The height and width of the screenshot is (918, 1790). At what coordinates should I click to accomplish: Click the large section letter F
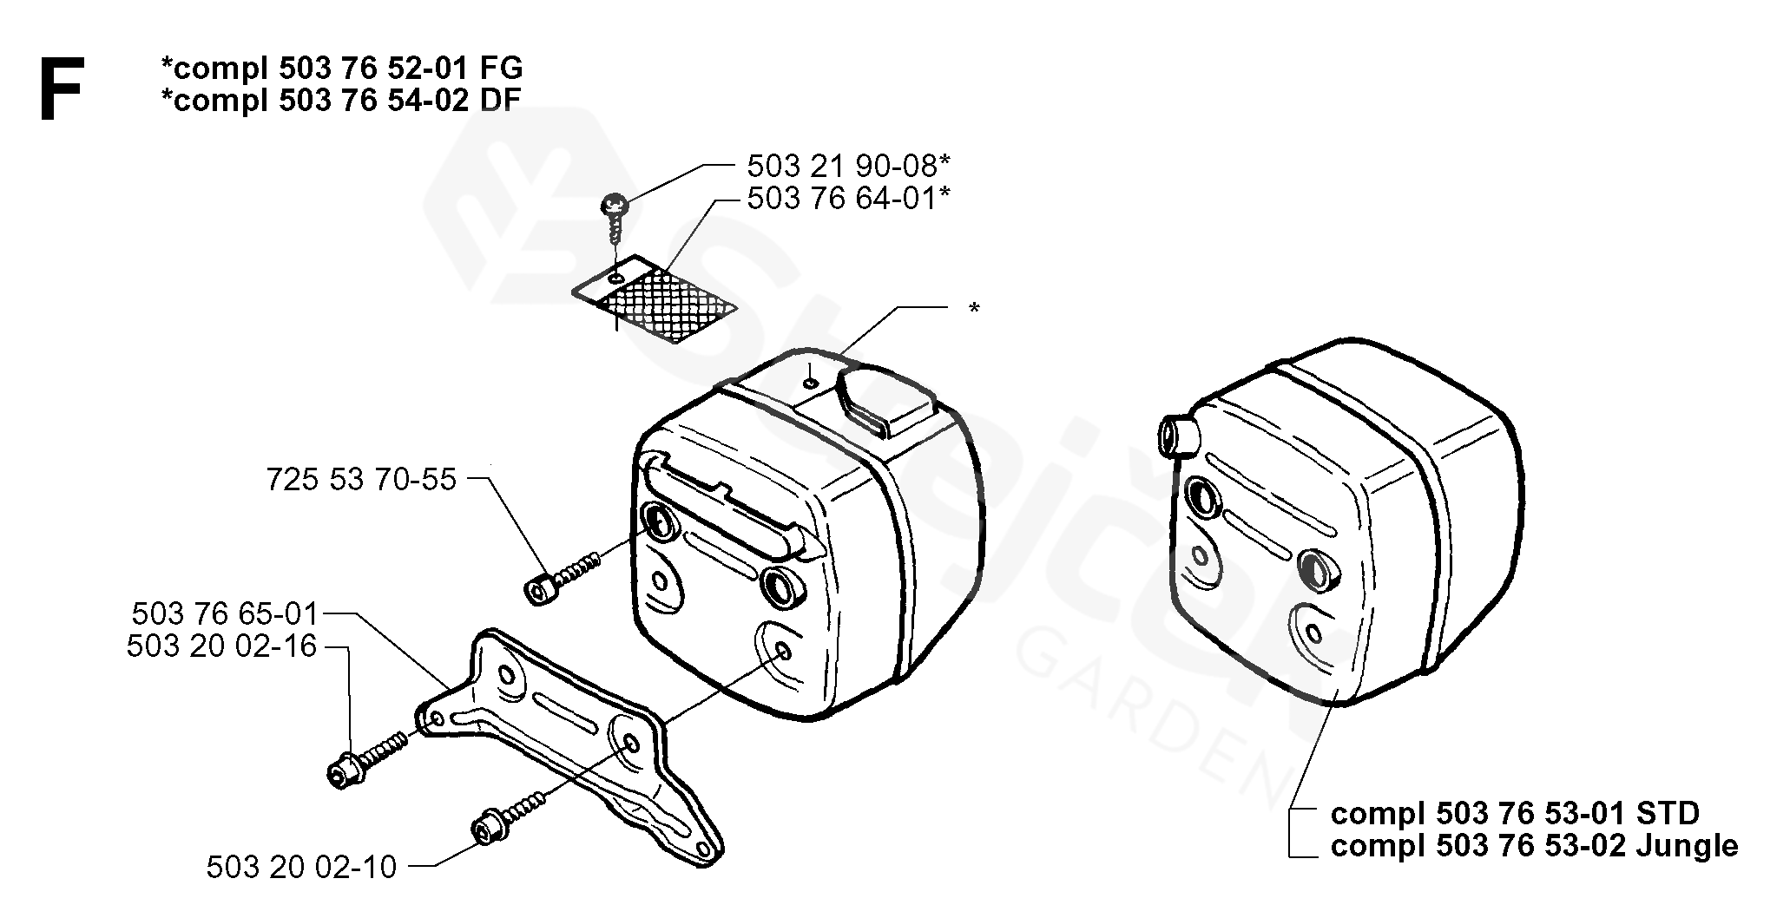61,89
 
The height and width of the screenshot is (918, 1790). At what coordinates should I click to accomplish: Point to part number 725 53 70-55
361,479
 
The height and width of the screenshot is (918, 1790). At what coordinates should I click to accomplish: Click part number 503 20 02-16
222,646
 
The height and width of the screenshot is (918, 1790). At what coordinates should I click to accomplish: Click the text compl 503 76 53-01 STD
1515,814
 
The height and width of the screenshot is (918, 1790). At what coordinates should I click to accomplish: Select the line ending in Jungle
1534,845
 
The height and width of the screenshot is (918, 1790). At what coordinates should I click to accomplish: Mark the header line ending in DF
341,101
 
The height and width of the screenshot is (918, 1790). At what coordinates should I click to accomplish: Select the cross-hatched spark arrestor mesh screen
655,298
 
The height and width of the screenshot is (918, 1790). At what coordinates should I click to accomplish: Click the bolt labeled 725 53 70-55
563,577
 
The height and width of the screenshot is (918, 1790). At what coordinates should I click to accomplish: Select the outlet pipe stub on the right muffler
1176,432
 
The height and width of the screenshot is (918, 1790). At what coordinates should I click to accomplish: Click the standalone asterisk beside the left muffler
974,309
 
